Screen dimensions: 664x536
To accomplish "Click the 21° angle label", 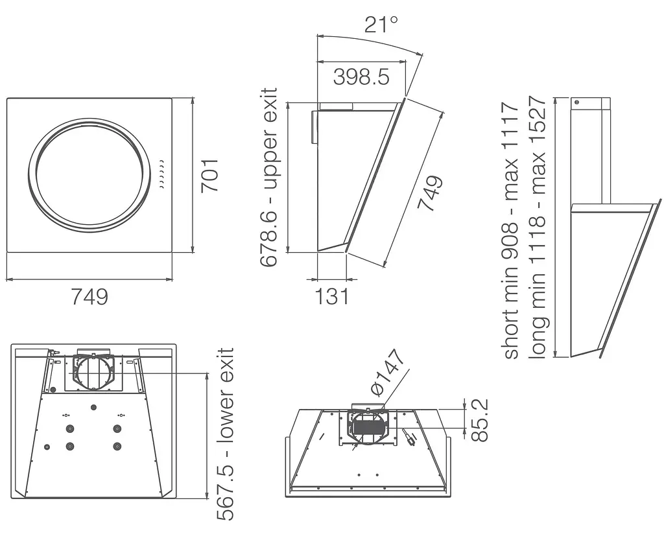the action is coord(381,24).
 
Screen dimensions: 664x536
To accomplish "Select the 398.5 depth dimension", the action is coord(361,76).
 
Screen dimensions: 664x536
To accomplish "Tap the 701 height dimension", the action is coord(209,176).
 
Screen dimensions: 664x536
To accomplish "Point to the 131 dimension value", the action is coord(331,296).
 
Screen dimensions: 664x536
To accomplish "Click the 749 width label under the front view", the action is coord(89,296).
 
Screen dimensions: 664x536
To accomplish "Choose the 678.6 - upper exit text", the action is coord(268,178).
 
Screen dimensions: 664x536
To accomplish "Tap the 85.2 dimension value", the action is coord(480,420).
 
